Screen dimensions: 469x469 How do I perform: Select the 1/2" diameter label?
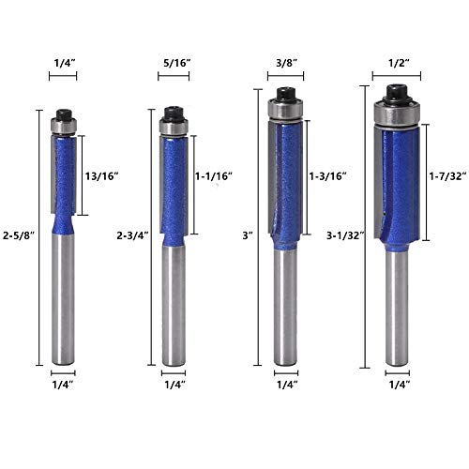pos(396,64)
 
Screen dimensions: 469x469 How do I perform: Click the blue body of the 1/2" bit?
pos(396,188)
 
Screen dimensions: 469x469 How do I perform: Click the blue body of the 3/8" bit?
pos(286,188)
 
